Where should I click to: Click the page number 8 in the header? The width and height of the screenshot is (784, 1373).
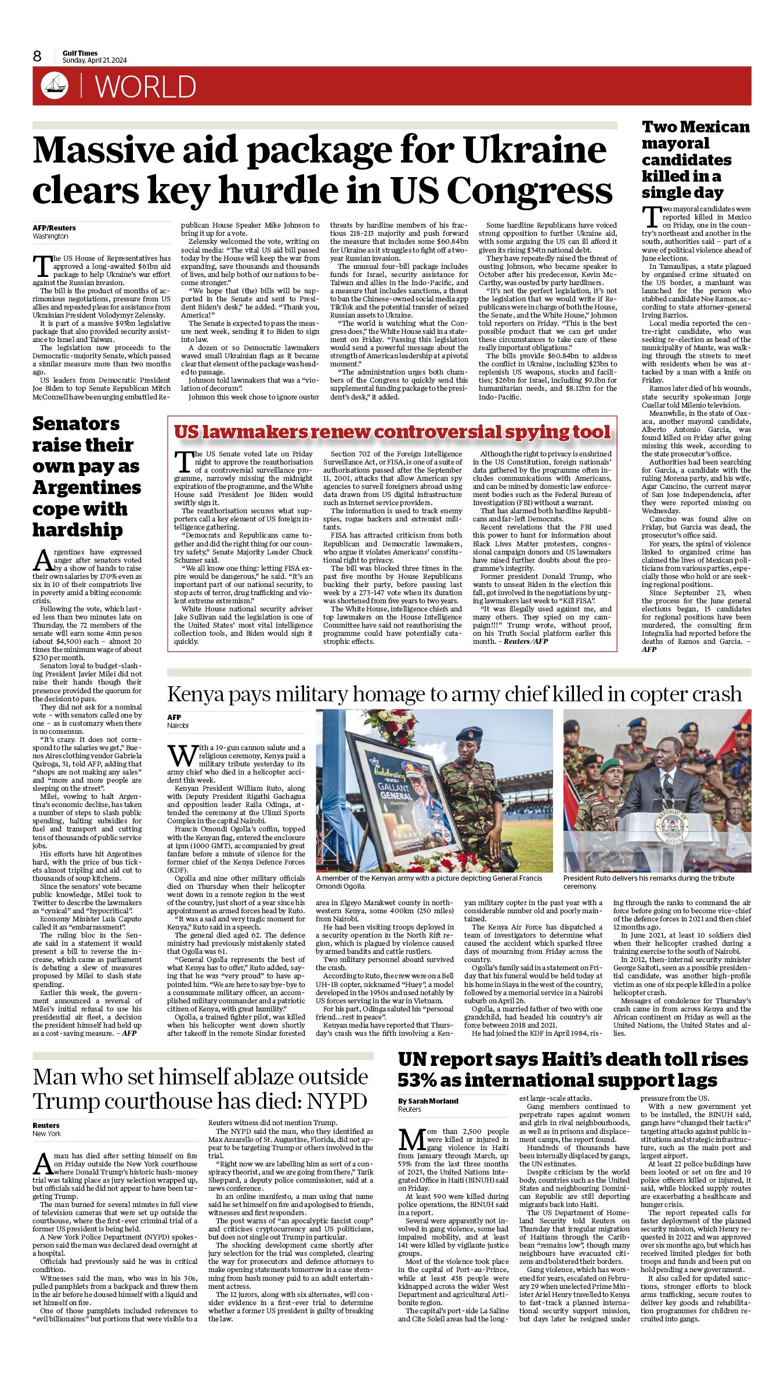(x=37, y=56)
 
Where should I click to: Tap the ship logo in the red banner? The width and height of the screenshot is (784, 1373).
(x=55, y=87)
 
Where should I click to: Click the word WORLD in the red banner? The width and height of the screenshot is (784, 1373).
(x=146, y=87)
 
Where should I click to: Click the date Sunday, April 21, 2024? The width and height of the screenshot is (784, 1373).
(x=95, y=60)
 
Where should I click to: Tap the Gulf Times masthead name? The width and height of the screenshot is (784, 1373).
(x=80, y=53)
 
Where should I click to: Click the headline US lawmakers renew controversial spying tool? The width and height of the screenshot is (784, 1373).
(x=392, y=432)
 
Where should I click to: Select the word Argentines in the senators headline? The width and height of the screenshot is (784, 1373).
(x=86, y=488)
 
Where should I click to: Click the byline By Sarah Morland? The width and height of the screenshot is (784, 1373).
(x=428, y=1101)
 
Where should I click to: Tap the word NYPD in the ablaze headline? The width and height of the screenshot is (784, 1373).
(x=338, y=1101)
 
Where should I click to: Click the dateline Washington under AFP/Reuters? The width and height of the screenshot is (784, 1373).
(x=50, y=236)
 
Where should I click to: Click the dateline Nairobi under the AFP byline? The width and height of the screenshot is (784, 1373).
(x=178, y=726)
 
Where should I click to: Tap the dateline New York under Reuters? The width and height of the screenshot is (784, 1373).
(x=46, y=1133)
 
